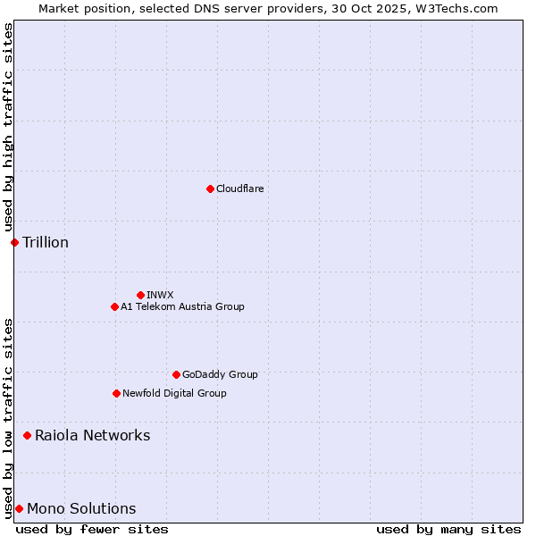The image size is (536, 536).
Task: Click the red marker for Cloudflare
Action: [x=210, y=188]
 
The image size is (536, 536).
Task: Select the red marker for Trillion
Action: [x=14, y=242]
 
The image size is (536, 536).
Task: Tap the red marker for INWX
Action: [x=140, y=295]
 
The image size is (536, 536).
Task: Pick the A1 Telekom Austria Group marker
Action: [x=114, y=306]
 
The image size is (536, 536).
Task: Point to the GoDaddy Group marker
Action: [x=176, y=374]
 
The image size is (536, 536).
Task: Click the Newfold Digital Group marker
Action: [x=116, y=393]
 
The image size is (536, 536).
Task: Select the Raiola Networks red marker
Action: [x=27, y=435]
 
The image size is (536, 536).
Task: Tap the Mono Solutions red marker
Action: [x=19, y=508]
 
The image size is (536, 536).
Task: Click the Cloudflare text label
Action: [x=240, y=188]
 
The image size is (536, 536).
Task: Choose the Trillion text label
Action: [x=46, y=242]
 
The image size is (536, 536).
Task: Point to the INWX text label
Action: [x=160, y=295]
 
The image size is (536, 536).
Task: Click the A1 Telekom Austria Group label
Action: [x=182, y=306]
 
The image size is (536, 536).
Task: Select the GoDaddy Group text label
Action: [x=220, y=374]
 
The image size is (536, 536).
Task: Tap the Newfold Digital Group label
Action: [x=174, y=393]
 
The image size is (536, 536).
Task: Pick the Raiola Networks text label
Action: [x=93, y=435]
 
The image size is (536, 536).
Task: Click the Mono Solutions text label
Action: [x=81, y=508]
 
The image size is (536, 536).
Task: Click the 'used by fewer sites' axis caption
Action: [x=92, y=529]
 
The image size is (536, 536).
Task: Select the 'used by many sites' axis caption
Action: [x=448, y=529]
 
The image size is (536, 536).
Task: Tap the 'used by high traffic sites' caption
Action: [x=8, y=127]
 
